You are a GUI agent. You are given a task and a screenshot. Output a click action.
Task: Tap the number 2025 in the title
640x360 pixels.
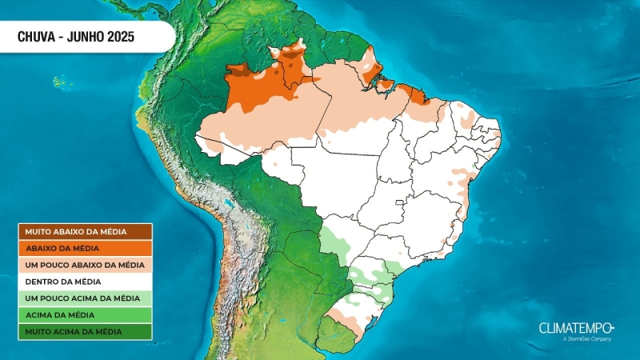(118, 37)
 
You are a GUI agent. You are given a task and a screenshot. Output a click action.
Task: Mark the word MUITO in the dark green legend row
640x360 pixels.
(37, 331)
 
